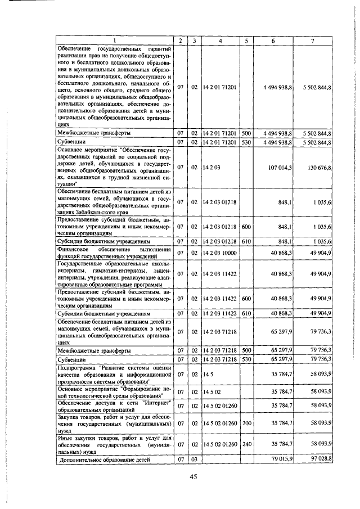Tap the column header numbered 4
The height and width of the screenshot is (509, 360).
[220, 40]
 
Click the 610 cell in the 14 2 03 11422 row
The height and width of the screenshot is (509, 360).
[246, 313]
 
